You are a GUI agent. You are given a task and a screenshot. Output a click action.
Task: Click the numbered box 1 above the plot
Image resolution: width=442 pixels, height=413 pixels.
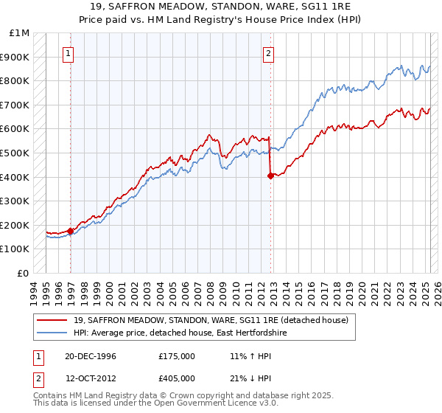pyautogui.click(x=67, y=53)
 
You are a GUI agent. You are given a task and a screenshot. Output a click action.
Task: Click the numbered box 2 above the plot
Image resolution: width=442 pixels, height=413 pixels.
pyautogui.click(x=268, y=53)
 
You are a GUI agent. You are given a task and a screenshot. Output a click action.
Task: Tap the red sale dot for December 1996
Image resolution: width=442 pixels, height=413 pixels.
pyautogui.click(x=71, y=231)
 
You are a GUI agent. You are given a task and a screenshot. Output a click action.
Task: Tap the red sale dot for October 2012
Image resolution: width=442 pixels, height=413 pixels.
pyautogui.click(x=270, y=176)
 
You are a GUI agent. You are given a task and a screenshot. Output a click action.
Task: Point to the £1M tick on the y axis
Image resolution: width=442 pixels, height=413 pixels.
pyautogui.click(x=20, y=33)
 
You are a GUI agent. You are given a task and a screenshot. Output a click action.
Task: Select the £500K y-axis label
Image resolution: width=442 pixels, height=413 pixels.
pyautogui.click(x=16, y=153)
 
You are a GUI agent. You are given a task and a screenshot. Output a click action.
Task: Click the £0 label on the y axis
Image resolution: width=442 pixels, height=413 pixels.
pyautogui.click(x=24, y=273)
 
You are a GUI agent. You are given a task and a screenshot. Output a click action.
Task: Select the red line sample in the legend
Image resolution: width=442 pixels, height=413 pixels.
pyautogui.click(x=54, y=320)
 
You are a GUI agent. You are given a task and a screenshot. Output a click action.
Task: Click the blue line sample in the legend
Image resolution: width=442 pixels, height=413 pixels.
pyautogui.click(x=54, y=333)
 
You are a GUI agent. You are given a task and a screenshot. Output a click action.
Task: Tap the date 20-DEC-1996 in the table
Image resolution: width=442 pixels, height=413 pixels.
pyautogui.click(x=91, y=356)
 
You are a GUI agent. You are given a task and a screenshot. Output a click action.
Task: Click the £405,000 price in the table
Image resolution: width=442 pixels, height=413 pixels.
pyautogui.click(x=177, y=378)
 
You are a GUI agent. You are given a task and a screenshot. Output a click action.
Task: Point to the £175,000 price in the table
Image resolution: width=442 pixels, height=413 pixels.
pyautogui.click(x=177, y=356)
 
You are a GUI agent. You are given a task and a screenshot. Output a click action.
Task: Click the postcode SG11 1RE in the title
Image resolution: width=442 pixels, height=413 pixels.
pyautogui.click(x=315, y=7)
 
